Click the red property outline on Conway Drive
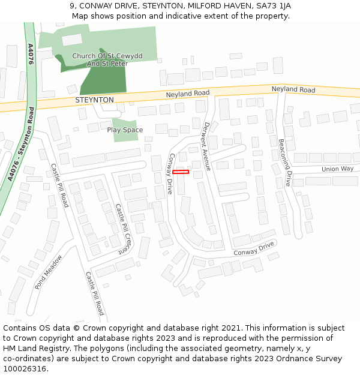pyautogui.click(x=181, y=172)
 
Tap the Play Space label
pyautogui.click(x=125, y=130)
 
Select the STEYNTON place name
pyautogui.click(x=94, y=100)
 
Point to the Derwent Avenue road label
pyautogui.click(x=208, y=146)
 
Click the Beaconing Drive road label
pyautogui.click(x=284, y=163)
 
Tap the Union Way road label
pyautogui.click(x=337, y=169)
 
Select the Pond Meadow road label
pyautogui.click(x=48, y=272)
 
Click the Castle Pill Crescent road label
pyautogui.click(x=122, y=229)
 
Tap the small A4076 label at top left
pyautogui.click(x=31, y=54)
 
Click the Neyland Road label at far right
pyautogui.click(x=293, y=89)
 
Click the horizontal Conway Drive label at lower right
pyautogui.click(x=253, y=248)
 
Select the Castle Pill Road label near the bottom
pyautogui.click(x=94, y=293)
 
